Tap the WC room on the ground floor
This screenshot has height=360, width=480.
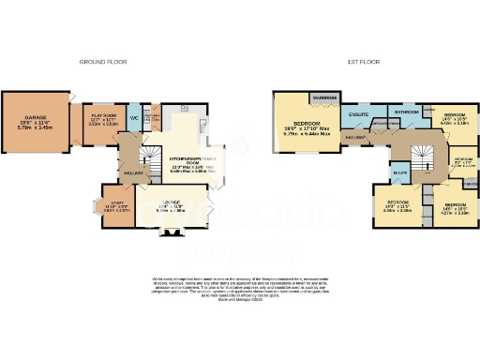point(134,118)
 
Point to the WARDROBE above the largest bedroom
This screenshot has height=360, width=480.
point(325,97)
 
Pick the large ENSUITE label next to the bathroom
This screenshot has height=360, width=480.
point(357,115)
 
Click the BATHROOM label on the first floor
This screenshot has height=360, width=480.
point(406,112)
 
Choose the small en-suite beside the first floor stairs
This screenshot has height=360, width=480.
point(400,172)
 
